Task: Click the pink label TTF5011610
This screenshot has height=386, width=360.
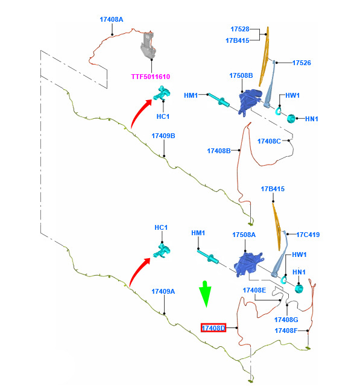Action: click(x=151, y=77)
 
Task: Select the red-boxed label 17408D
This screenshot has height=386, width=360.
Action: click(x=213, y=328)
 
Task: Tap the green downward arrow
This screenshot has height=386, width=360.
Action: click(x=206, y=294)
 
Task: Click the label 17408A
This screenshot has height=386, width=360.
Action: click(x=112, y=19)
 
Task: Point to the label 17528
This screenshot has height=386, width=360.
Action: click(x=240, y=29)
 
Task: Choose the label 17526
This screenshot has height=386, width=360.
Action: click(x=302, y=63)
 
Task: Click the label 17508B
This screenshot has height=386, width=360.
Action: click(x=241, y=75)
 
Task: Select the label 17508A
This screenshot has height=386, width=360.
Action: click(x=244, y=235)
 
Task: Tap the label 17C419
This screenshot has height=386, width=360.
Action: click(x=308, y=235)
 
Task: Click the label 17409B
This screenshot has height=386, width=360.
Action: click(x=163, y=136)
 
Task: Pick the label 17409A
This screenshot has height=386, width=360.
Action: click(x=163, y=291)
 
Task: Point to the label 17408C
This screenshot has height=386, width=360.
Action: click(x=269, y=141)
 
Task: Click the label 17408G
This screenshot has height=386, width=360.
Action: click(x=286, y=320)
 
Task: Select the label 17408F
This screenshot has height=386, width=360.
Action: click(x=286, y=331)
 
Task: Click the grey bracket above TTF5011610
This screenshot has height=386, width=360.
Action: click(x=148, y=46)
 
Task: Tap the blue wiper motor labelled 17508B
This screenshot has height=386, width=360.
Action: click(x=250, y=102)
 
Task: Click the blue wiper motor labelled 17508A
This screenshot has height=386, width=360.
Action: click(x=248, y=264)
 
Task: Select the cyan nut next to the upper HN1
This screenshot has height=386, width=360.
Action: click(x=291, y=119)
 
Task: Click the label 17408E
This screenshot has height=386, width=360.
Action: click(x=254, y=290)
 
